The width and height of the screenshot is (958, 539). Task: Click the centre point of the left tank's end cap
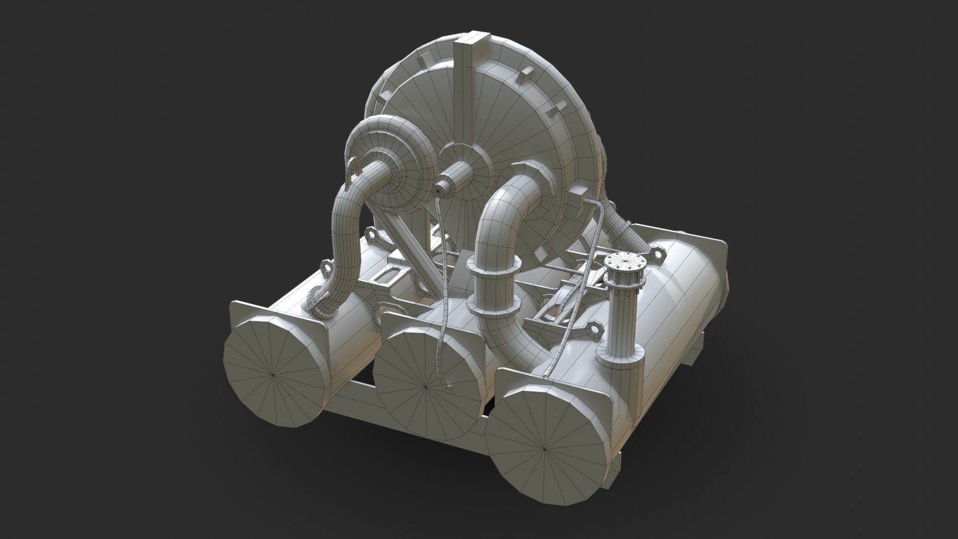click(272, 373)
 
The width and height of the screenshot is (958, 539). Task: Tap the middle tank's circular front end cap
click(426, 386)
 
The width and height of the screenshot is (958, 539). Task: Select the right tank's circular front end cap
click(545, 448)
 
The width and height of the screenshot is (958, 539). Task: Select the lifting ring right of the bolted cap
click(658, 255)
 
